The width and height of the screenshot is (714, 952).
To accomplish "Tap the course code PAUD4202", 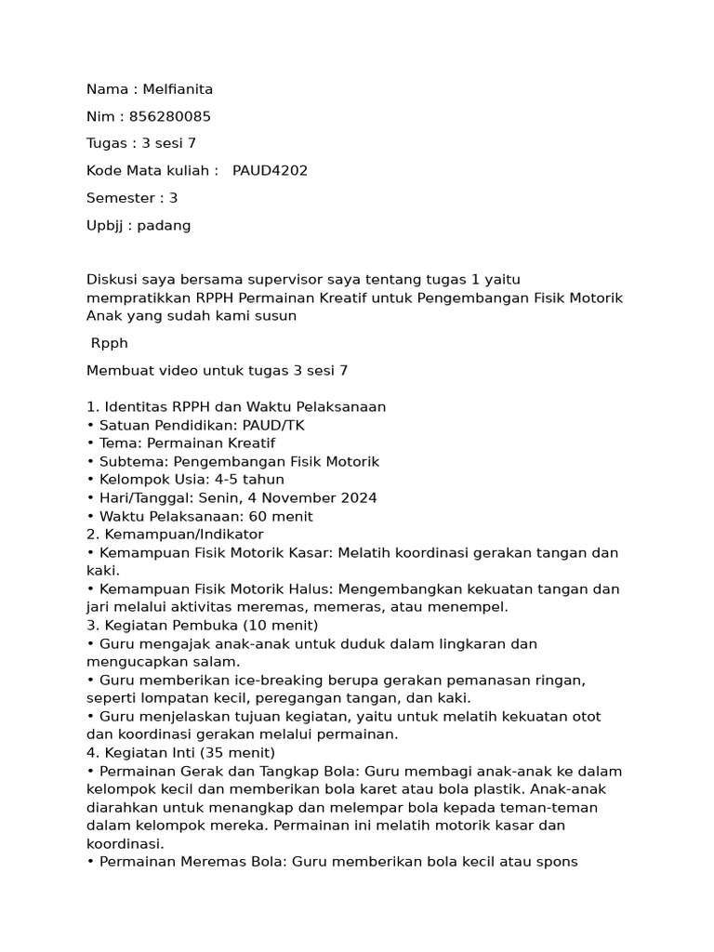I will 270,170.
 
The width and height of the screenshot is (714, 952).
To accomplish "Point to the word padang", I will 165,225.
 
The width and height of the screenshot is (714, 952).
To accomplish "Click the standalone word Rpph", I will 110,343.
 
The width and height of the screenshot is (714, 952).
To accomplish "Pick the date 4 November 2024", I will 316,497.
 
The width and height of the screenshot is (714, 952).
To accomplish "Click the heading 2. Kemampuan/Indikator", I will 175,534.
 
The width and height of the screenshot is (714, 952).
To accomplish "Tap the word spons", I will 557,861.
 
